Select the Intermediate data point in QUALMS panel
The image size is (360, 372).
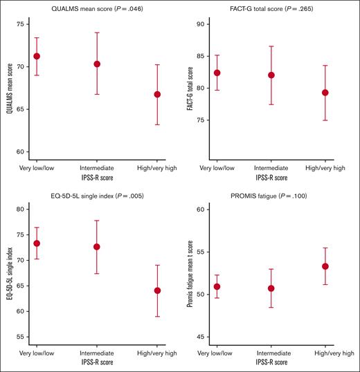[x=97, y=64]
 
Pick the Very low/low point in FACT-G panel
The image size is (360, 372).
[x=217, y=73]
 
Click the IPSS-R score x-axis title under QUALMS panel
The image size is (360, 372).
[x=97, y=178]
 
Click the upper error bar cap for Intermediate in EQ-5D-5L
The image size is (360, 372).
[x=97, y=221]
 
